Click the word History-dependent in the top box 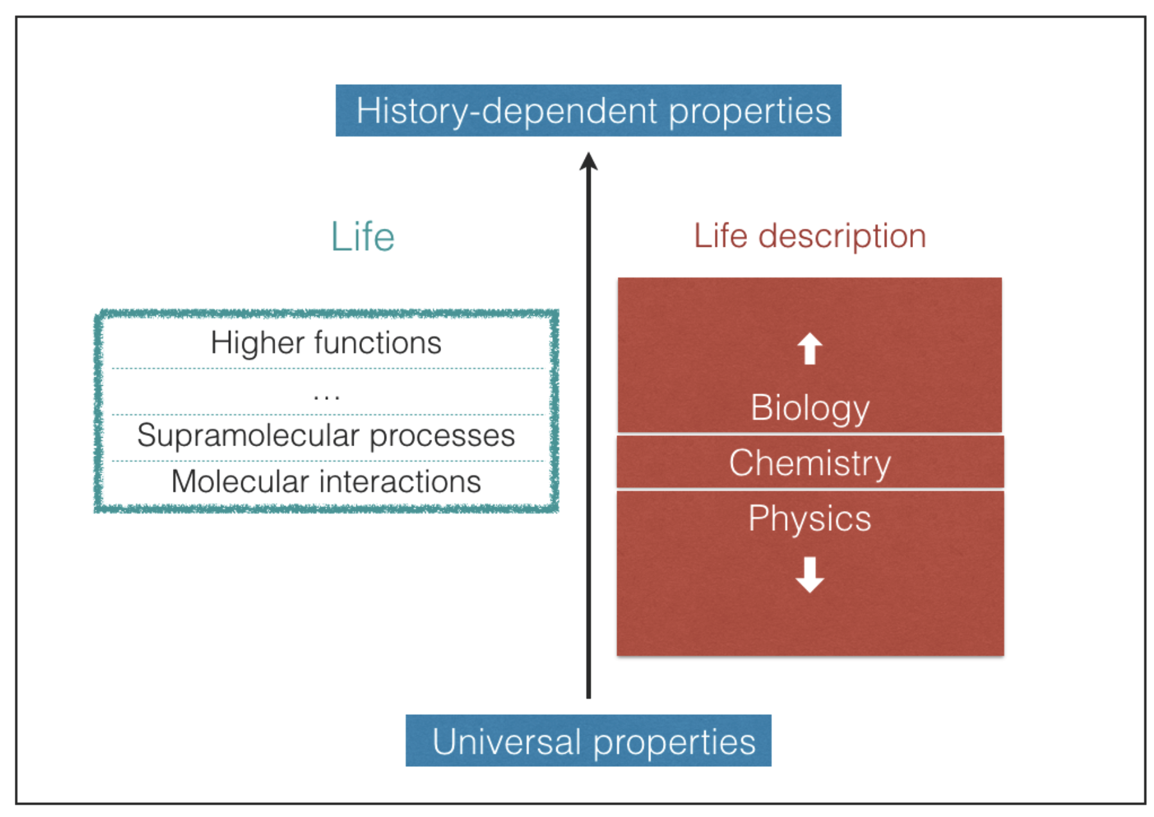(x=508, y=111)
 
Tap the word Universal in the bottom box (x=507, y=741)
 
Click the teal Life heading (x=363, y=237)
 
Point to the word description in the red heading (x=842, y=236)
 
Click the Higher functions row (x=326, y=343)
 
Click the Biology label (x=810, y=408)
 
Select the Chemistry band (x=810, y=463)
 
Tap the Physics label (x=809, y=518)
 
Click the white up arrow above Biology (x=810, y=348)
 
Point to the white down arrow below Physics (x=810, y=574)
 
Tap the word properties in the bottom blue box (x=674, y=742)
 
